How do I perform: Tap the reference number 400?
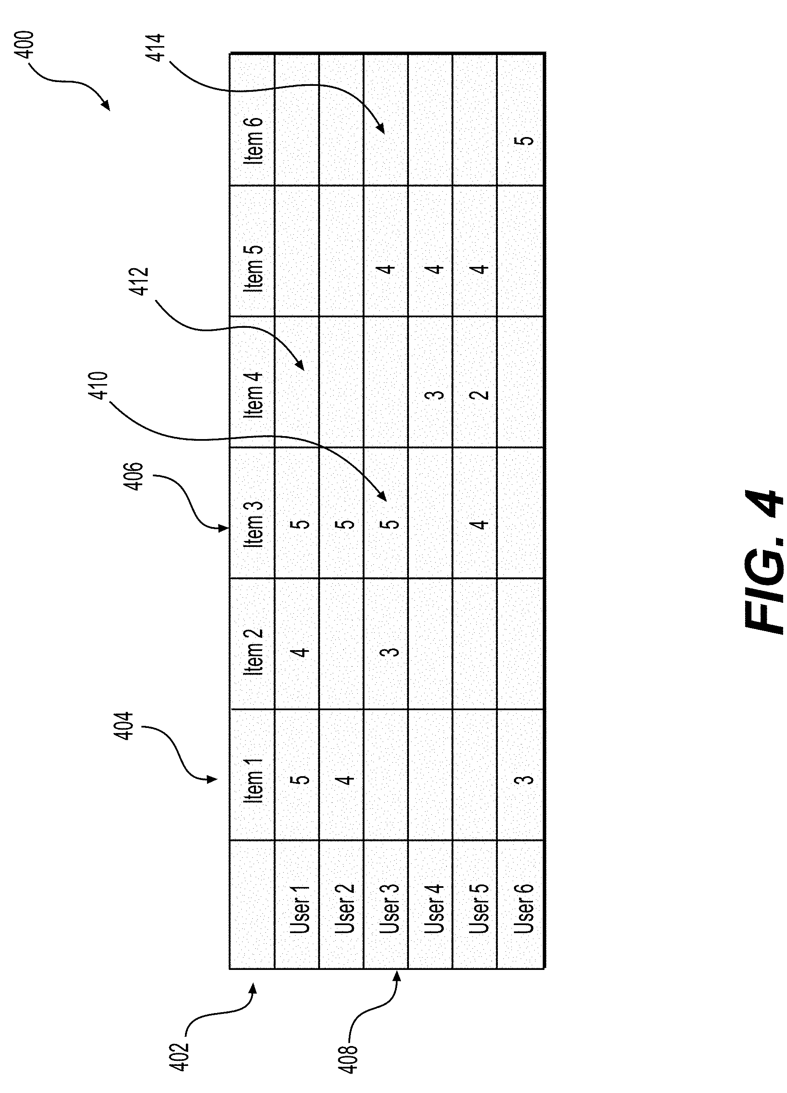coord(24,45)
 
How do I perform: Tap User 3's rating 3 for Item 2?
coord(392,651)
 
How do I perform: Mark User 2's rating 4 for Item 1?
coord(346,779)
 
